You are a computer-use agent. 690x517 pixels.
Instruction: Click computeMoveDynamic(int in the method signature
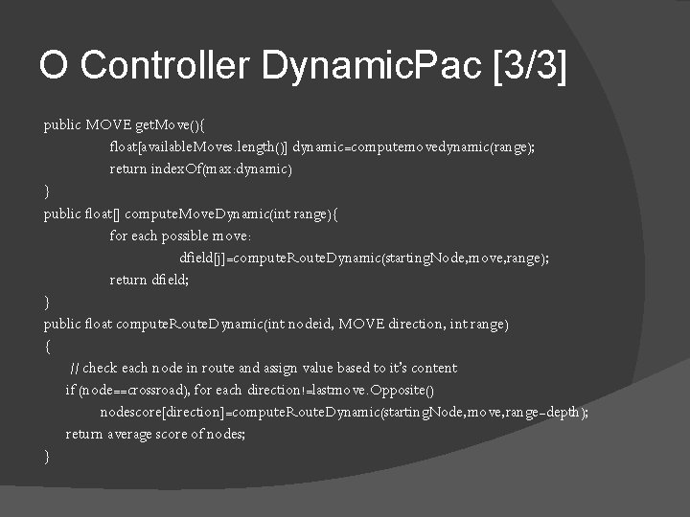pos(211,214)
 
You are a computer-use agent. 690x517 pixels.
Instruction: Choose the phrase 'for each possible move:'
pos(180,236)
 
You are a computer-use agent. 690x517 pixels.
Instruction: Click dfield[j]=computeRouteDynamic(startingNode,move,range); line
pos(364,258)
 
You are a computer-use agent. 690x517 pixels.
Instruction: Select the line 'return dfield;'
pos(148,280)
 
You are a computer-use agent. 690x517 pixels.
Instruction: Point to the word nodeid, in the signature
pos(306,324)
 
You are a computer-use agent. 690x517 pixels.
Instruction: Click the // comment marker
pos(75,368)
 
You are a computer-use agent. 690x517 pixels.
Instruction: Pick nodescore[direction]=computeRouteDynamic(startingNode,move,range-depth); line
pos(344,412)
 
